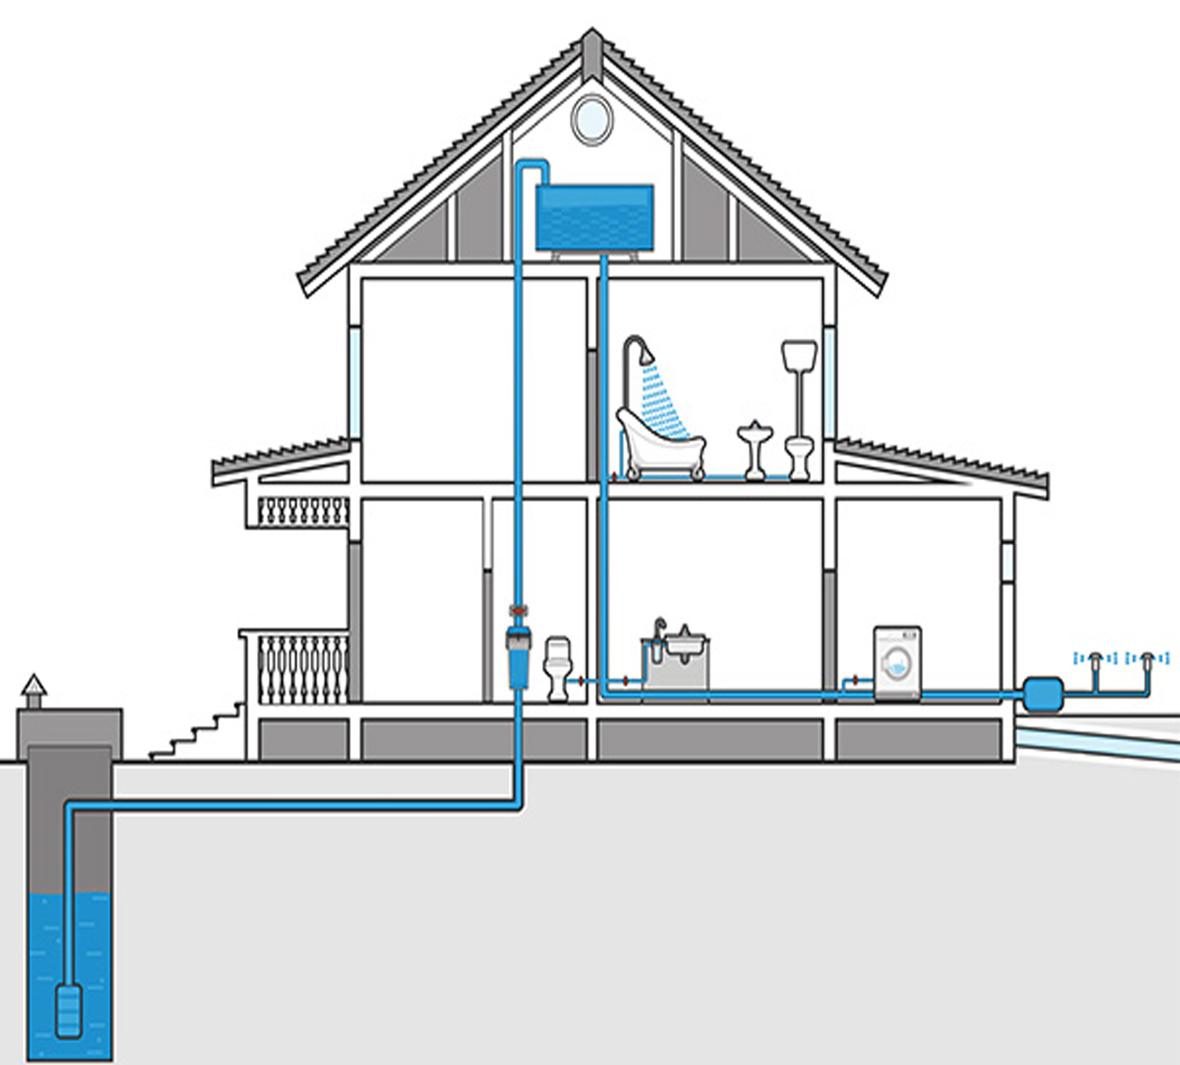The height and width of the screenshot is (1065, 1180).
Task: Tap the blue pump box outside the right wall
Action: coord(1043,694)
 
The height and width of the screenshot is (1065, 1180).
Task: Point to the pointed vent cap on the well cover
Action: coord(34,686)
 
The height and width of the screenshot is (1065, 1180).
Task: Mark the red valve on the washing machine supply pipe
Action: coord(855,680)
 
